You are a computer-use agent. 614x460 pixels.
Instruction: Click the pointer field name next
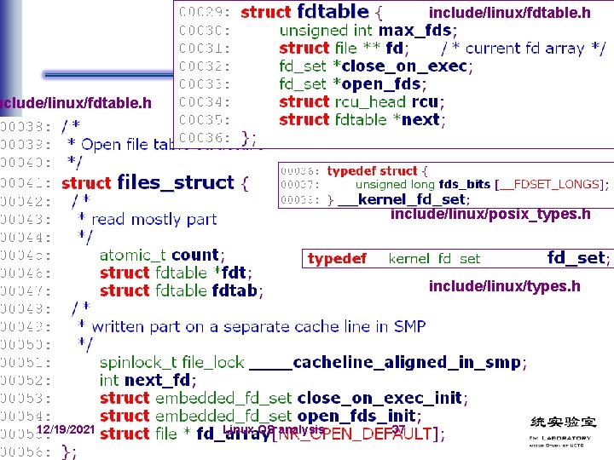(x=420, y=119)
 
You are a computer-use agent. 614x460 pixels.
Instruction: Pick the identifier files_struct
(x=175, y=182)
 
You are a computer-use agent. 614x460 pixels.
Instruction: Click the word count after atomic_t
(x=195, y=255)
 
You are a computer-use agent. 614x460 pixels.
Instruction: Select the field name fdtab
(x=235, y=290)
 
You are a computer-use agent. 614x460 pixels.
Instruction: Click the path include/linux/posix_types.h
(x=490, y=214)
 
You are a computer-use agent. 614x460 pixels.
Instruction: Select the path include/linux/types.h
(x=504, y=286)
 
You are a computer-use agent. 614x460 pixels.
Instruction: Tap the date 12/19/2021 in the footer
(x=66, y=431)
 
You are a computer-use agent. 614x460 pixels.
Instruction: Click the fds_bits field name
(x=464, y=185)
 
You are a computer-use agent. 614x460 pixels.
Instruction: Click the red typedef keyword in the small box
(x=337, y=258)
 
